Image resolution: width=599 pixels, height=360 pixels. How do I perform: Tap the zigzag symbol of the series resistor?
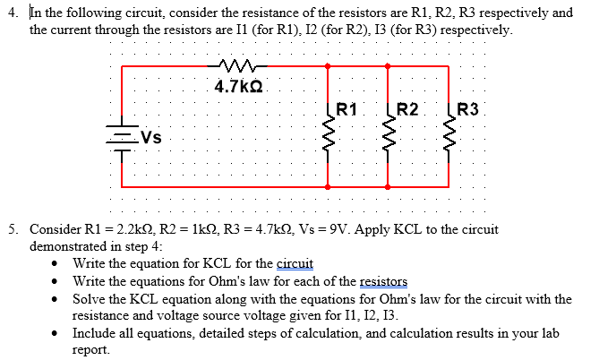[x=237, y=64]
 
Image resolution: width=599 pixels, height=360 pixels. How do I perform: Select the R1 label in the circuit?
[x=347, y=111]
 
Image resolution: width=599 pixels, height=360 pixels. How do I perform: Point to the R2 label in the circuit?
[x=407, y=111]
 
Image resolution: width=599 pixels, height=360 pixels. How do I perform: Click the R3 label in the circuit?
[x=467, y=111]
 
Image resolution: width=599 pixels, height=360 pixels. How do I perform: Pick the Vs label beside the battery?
[x=151, y=139]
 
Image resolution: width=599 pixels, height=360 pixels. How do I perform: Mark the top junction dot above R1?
[x=329, y=65]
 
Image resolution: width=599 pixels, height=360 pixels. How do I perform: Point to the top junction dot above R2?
[x=388, y=65]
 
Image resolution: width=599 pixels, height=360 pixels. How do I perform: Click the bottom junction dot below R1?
[x=329, y=186]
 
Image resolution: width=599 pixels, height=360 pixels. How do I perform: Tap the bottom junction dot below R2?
[x=388, y=186]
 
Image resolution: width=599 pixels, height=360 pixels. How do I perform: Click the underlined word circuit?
[x=295, y=263]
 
